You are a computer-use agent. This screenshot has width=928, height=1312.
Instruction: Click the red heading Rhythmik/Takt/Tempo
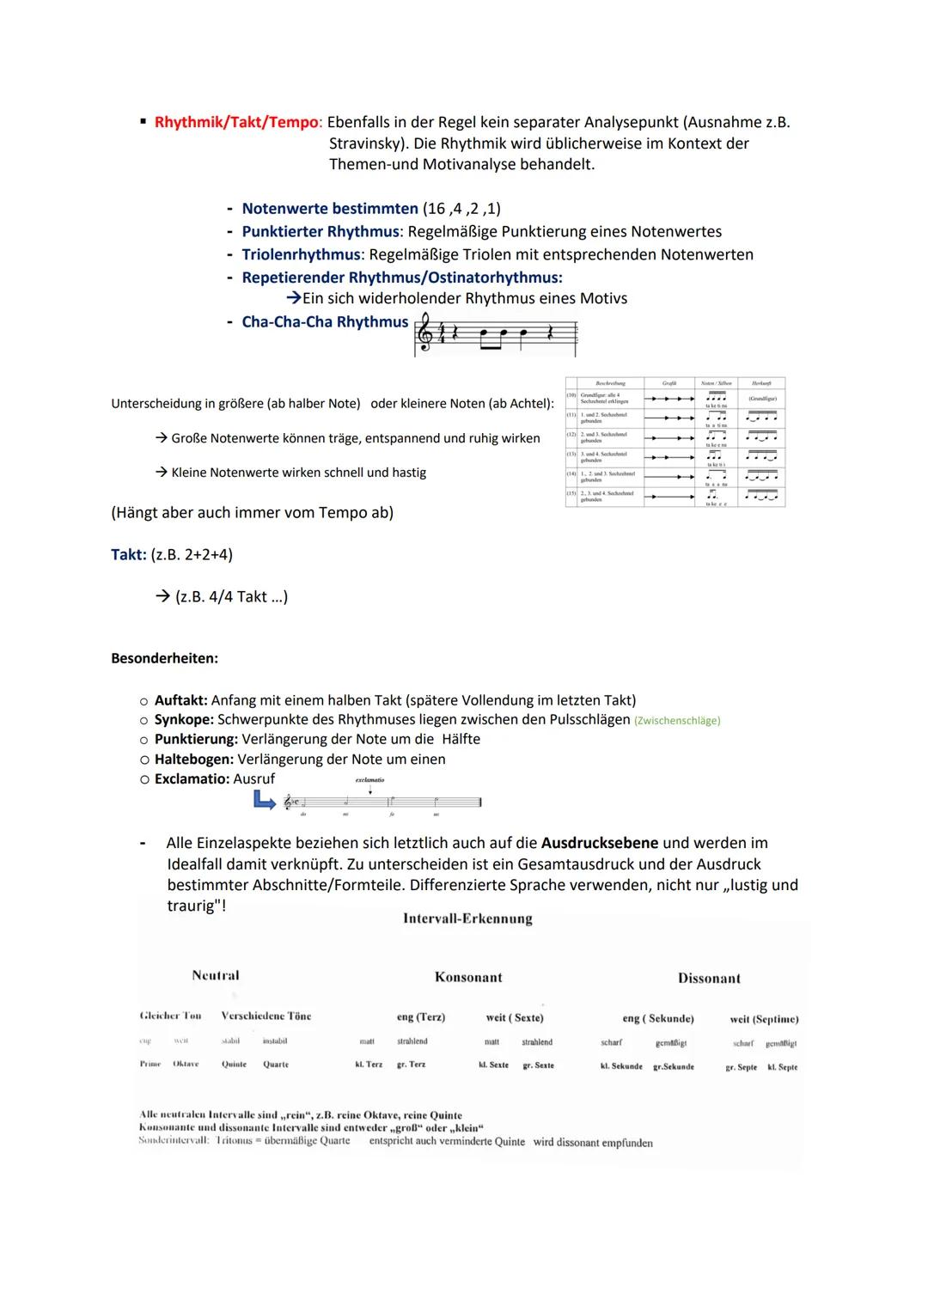[236, 122]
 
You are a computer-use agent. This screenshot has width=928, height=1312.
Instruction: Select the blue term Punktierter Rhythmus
[321, 231]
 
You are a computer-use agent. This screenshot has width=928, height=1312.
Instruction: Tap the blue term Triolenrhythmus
[301, 254]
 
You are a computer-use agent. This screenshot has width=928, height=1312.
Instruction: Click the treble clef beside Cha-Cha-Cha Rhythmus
[424, 333]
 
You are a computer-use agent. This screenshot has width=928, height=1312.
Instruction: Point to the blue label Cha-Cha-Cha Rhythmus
[325, 321]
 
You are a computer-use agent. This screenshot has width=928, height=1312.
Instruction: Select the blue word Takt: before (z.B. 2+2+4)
[129, 554]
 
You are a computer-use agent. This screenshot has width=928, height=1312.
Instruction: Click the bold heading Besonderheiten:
[164, 658]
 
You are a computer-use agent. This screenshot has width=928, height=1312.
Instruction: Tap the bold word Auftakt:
[180, 700]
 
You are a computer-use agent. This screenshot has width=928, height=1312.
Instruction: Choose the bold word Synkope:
[184, 719]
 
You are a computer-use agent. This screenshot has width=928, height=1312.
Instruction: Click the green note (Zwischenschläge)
[676, 721]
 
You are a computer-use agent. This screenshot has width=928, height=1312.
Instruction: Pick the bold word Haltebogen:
[193, 759]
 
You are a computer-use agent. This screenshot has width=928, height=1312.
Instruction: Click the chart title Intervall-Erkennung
[467, 918]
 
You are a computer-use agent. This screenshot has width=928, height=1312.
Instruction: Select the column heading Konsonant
[468, 977]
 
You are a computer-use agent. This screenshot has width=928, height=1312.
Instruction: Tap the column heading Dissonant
[709, 978]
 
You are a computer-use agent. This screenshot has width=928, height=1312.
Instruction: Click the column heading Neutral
[216, 975]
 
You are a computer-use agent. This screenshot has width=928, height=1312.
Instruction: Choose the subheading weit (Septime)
[764, 1019]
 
